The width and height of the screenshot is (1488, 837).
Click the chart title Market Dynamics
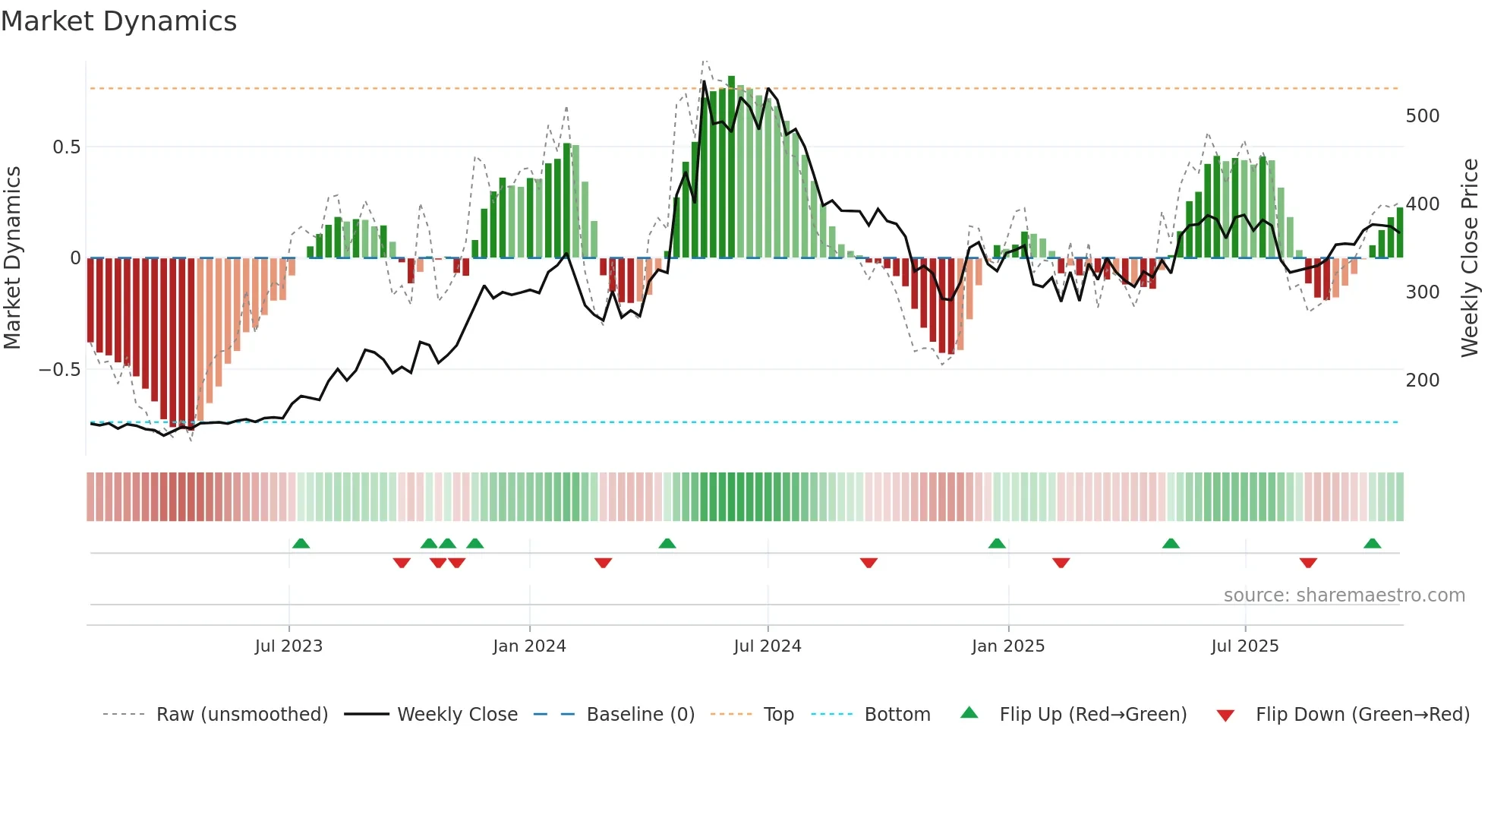(x=118, y=21)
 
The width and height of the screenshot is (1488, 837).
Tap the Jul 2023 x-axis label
(x=288, y=646)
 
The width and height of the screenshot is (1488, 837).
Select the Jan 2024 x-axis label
(x=529, y=646)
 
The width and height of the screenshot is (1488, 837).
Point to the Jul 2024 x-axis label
(x=768, y=646)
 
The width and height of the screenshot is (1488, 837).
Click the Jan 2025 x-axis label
(x=1008, y=646)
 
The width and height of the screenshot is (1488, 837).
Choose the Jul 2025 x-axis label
(x=1245, y=646)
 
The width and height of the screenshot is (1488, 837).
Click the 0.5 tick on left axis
(x=66, y=147)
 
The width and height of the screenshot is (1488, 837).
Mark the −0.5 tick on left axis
(x=59, y=370)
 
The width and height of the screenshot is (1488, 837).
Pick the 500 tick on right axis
(x=1423, y=116)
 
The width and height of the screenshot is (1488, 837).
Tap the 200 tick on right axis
(x=1423, y=381)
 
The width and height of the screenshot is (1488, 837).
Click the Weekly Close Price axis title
(x=1471, y=258)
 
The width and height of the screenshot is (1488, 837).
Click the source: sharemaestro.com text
(x=1344, y=595)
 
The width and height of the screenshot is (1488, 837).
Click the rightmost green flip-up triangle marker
(x=1372, y=544)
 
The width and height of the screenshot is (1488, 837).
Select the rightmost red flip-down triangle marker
(x=1308, y=563)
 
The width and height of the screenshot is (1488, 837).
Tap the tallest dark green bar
(x=731, y=167)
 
